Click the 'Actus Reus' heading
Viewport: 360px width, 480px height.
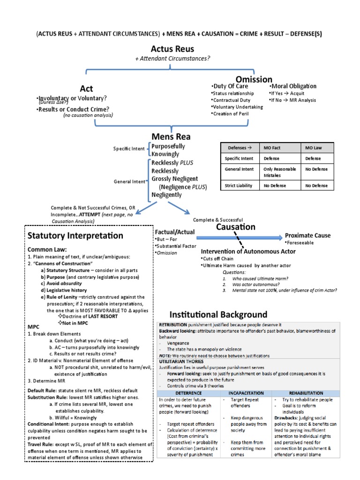(x=172, y=49)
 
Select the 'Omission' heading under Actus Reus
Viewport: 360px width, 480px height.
(x=254, y=79)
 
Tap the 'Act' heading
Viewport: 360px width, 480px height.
(x=86, y=89)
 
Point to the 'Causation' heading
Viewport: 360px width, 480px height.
(x=235, y=227)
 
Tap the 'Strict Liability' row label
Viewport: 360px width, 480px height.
(x=238, y=186)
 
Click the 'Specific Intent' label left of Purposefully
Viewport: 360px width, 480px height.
(x=129, y=149)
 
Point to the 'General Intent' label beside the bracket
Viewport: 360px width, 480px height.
(x=129, y=181)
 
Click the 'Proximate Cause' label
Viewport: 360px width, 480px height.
(x=307, y=235)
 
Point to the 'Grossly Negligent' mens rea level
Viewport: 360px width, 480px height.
(x=174, y=179)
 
